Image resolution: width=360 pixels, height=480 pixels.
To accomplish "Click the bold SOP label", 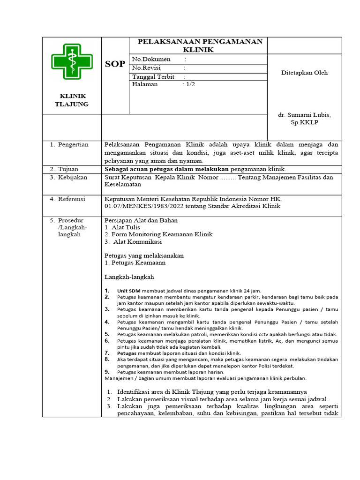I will [114, 64].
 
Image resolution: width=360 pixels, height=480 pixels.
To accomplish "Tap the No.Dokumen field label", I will [150, 60].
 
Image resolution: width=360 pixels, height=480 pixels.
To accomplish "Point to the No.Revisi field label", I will [146, 68].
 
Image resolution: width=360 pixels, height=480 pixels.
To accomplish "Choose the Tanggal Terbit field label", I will [153, 76].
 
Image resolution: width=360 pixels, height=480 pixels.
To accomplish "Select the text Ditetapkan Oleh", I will [304, 73].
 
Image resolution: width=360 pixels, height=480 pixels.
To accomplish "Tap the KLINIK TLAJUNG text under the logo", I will [72, 100].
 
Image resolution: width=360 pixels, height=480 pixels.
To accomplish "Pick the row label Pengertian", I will [73, 145].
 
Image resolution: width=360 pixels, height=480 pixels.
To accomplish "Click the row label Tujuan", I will [68, 169].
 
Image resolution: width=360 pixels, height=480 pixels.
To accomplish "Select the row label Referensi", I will [71, 199].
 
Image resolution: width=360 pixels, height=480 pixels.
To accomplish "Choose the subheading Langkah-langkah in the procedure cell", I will [129, 277].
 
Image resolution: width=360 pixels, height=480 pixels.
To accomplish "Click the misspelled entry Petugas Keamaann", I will [138, 263].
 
